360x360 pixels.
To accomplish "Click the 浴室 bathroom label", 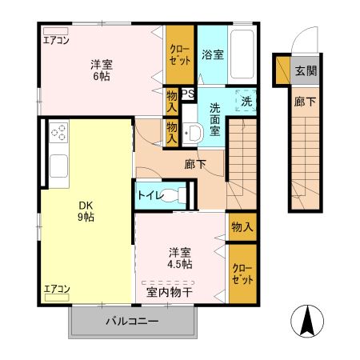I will [x=212, y=55].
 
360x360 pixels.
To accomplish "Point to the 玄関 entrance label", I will [x=306, y=70].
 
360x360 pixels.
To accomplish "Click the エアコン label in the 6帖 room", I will [x=55, y=38].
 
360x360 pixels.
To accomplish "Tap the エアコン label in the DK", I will [x=56, y=289].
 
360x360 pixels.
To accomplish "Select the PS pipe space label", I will [x=188, y=93].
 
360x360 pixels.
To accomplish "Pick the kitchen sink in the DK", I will [x=58, y=166].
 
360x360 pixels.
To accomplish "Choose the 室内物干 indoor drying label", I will [x=168, y=292].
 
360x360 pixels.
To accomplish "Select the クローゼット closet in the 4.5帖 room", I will [x=242, y=274].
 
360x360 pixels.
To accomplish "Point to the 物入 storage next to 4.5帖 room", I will [x=242, y=227].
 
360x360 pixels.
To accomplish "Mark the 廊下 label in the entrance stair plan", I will [x=305, y=102].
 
